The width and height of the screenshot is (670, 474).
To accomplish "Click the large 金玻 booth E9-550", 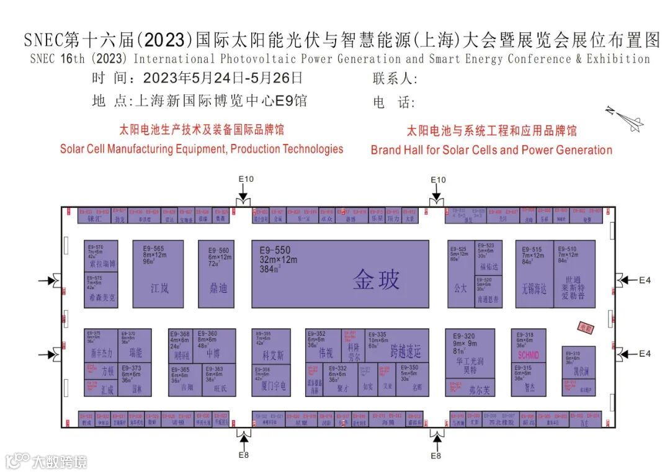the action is pos(339,274).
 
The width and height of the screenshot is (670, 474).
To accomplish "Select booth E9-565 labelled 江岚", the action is pos(158,274).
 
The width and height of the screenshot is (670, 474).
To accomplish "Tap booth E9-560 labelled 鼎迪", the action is pos(218,274).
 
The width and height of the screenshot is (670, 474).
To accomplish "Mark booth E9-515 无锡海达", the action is pos(534,274).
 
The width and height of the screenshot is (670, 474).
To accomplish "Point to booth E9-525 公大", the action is pos(460,274).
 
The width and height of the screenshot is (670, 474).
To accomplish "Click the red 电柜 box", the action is pos(586,328).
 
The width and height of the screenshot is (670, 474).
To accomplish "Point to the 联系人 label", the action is pos(395,79).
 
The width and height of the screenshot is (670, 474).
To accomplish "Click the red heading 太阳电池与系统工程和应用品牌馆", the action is pos(491,131).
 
